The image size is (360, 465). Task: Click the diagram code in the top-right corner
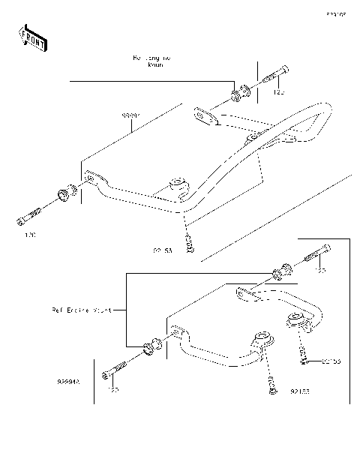334,13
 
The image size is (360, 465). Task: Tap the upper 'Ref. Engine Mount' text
151,61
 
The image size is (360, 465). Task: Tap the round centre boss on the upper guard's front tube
178,183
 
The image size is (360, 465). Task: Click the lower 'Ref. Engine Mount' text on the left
82,309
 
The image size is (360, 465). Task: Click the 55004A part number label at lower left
70,382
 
